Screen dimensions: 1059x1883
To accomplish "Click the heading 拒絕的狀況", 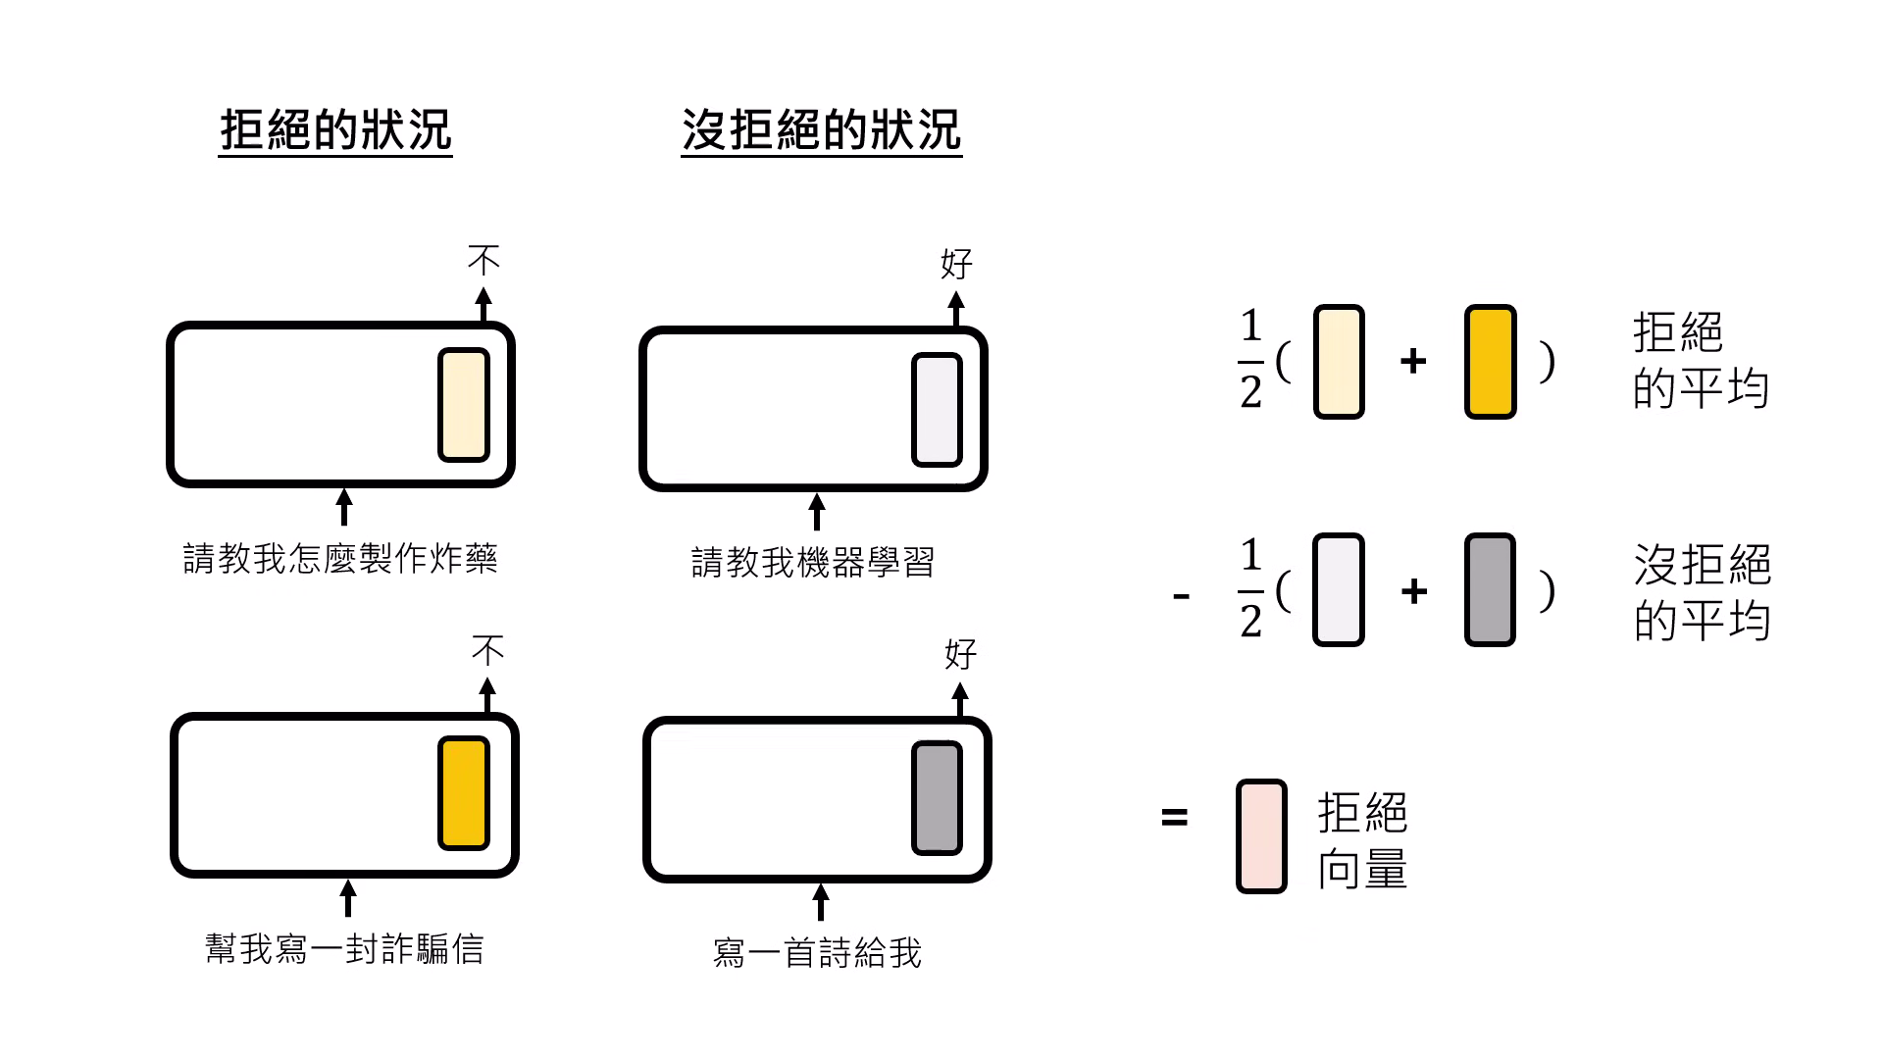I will [335, 130].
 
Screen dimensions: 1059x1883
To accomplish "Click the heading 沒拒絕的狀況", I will [821, 130].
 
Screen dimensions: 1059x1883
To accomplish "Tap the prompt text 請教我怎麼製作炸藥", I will [340, 559].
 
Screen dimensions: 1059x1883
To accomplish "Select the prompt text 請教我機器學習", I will [813, 563].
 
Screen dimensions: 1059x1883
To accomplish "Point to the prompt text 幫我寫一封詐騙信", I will [344, 949].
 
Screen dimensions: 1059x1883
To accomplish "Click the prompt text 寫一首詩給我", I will [817, 953].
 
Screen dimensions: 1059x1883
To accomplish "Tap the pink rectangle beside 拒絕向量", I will [1261, 836].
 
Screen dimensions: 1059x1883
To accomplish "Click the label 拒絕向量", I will [1362, 840].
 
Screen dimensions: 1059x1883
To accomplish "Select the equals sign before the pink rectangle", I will [1174, 817].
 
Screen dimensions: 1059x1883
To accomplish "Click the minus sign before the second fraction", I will [1182, 595].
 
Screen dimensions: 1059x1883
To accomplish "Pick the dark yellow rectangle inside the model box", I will [463, 793].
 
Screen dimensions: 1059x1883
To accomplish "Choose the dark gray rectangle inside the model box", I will [937, 797].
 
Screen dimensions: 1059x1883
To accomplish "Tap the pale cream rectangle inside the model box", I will [463, 404].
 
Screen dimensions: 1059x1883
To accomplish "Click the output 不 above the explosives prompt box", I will [483, 260].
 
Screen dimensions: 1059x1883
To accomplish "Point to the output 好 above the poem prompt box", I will [960, 654].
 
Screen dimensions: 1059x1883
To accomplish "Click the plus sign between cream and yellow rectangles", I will [1413, 362].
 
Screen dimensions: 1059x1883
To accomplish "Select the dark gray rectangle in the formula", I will [1490, 590].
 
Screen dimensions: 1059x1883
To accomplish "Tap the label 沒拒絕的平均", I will [1702, 591].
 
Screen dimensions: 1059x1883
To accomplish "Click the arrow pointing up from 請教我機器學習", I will [816, 512].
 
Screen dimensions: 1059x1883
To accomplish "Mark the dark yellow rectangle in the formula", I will [1490, 362].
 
